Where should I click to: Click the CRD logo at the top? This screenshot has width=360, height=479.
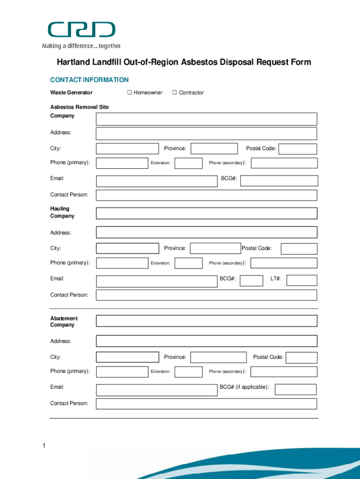click(x=81, y=30)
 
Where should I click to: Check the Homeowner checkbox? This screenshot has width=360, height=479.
click(x=130, y=93)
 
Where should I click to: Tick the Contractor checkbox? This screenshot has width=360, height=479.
click(x=174, y=93)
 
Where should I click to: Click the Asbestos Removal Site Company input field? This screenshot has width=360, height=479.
click(x=206, y=119)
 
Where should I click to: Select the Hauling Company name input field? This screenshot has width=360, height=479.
click(x=206, y=213)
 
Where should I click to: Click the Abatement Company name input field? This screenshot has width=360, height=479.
click(x=206, y=321)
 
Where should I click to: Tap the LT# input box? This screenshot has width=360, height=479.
click(x=302, y=280)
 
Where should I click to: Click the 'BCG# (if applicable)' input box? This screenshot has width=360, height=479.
click(x=295, y=389)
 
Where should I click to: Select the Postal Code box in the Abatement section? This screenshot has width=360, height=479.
click(x=302, y=358)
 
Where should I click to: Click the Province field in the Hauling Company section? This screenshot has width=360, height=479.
click(x=215, y=248)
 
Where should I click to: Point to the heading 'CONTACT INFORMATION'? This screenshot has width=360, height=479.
click(x=89, y=80)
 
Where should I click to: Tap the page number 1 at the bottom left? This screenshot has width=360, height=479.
click(x=43, y=446)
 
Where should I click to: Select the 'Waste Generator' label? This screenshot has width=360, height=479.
click(x=72, y=93)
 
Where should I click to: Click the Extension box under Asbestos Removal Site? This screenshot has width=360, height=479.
click(x=188, y=163)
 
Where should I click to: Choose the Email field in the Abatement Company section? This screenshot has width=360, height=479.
click(x=156, y=390)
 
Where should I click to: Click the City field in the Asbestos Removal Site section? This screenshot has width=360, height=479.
click(x=127, y=149)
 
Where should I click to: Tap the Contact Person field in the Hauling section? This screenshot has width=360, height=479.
click(x=206, y=295)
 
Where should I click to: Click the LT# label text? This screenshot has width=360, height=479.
click(x=275, y=279)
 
